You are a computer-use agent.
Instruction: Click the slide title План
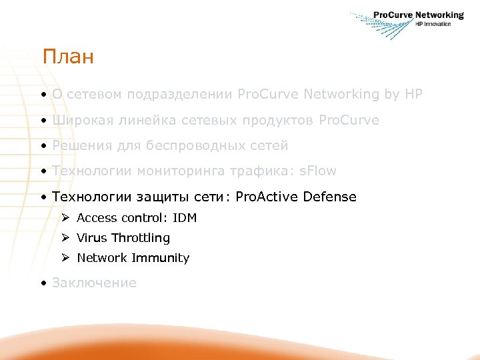point(67,57)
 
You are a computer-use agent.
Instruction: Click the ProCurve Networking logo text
point(418,15)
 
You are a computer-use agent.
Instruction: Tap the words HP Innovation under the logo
point(433,24)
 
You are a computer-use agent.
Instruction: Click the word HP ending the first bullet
point(413,95)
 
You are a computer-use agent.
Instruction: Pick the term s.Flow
point(317,171)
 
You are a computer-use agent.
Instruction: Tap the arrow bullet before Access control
point(65,218)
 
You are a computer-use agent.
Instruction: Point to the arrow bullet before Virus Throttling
point(65,238)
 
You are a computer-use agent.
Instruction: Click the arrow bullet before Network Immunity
point(65,258)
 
